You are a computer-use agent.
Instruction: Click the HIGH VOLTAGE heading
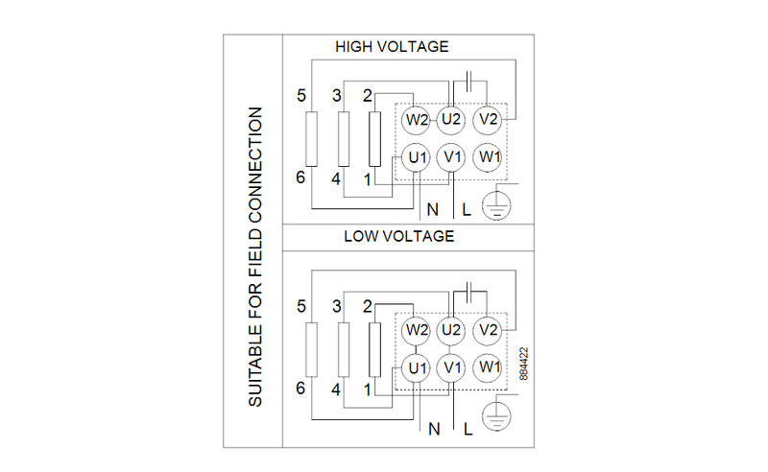tap(392, 46)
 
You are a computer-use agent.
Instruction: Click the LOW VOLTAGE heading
tap(398, 236)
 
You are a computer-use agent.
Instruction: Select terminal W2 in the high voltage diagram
tap(416, 119)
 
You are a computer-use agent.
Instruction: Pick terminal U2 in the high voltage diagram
tap(451, 119)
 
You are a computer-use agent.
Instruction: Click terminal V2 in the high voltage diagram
tap(489, 119)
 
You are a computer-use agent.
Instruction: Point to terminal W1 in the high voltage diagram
tap(489, 156)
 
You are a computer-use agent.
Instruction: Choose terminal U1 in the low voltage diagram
tap(416, 367)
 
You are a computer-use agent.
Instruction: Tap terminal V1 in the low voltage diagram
tap(451, 367)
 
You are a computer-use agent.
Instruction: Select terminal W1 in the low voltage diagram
tap(489, 367)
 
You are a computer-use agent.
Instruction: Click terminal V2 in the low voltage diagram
tap(489, 330)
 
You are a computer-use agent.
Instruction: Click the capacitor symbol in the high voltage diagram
tap(469, 81)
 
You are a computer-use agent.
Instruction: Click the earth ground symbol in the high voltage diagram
tap(495, 204)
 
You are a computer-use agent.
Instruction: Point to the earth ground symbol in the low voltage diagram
tap(495, 414)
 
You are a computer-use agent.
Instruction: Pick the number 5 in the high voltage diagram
tap(301, 96)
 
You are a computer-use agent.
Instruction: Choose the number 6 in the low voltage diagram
tap(301, 389)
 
